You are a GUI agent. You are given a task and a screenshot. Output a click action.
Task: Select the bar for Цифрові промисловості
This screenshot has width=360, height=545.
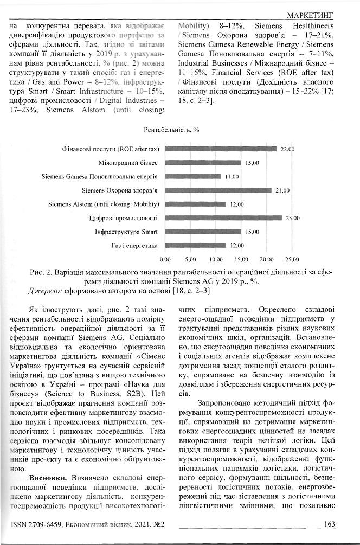coord(223,218)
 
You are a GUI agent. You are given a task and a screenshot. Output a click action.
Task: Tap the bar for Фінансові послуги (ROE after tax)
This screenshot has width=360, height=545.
coord(221,149)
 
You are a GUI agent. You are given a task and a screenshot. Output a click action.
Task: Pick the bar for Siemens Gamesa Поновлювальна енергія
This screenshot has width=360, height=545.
coord(193,176)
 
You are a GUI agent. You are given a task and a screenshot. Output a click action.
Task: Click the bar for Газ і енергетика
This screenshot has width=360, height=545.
coord(196,246)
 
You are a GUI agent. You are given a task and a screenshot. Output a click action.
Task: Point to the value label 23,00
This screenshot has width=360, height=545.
coord(293,218)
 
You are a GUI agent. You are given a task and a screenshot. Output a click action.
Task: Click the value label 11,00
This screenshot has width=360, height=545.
coord(233,176)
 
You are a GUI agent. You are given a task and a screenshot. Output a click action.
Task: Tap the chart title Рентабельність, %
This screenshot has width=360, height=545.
coord(172,130)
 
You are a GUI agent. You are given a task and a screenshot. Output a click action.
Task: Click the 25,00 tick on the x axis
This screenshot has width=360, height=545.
coord(292,260)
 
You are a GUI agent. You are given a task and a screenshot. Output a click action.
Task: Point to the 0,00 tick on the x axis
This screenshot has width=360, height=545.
coord(166,260)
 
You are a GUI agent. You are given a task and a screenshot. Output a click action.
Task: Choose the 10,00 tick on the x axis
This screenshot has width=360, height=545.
coord(216,260)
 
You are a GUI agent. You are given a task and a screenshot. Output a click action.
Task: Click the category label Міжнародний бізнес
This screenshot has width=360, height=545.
coord(128,163)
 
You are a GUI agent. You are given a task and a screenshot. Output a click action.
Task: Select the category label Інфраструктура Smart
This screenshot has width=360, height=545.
coord(126,232)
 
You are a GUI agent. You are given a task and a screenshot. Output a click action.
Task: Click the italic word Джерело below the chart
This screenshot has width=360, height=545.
coord(44,291)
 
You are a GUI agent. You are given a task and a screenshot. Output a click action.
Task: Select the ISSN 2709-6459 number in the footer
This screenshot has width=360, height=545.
coord(46,525)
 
